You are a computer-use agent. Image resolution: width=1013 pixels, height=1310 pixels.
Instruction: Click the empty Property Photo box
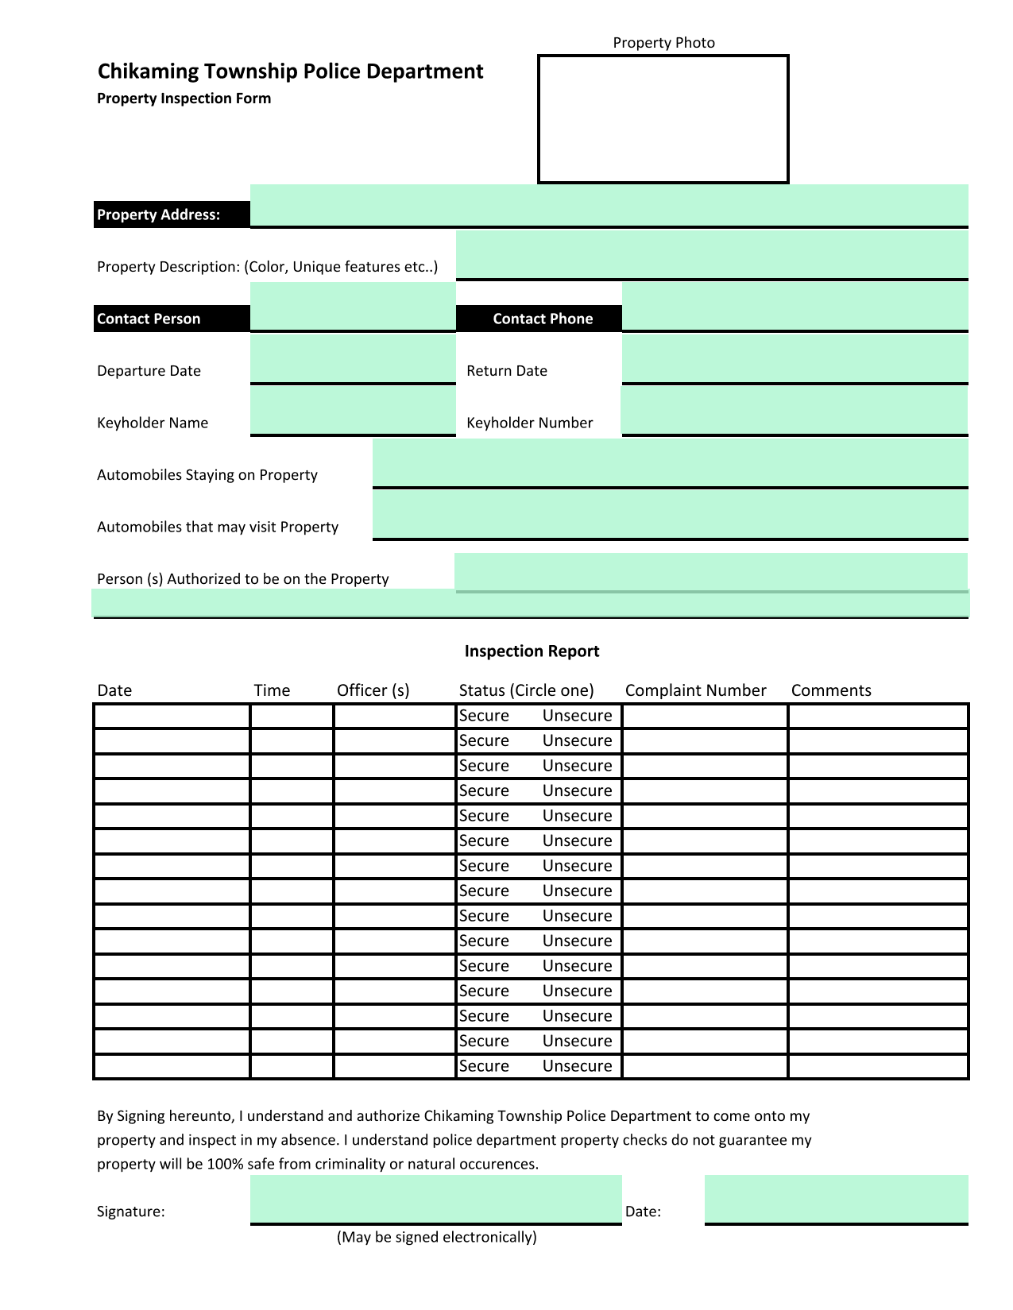coord(663,119)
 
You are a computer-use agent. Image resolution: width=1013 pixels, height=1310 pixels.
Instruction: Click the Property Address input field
coord(609,206)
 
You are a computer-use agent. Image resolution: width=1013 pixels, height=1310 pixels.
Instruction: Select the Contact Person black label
coord(172,319)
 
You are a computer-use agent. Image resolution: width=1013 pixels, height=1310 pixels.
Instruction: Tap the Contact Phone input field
coord(795,307)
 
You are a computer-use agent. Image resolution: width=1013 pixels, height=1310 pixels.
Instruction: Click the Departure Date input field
coord(353,359)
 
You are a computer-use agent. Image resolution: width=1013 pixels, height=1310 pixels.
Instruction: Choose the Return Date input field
coord(795,359)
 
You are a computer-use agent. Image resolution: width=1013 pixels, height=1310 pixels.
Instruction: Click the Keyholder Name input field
coord(353,411)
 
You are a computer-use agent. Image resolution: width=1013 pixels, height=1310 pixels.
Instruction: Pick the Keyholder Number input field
coord(795,411)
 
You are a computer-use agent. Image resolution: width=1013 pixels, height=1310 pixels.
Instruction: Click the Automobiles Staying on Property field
coord(670,463)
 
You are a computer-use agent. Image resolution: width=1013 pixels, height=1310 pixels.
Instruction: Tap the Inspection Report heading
coord(532,651)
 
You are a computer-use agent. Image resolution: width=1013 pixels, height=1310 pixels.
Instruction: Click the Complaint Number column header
coord(695,690)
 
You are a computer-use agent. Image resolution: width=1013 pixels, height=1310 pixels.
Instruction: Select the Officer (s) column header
coord(373,690)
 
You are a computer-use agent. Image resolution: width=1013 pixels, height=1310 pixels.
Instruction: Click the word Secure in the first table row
coord(484,716)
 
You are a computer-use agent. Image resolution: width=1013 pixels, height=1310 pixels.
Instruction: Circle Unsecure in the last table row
coord(577,1066)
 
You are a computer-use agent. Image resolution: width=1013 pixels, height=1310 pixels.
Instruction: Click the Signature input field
coord(435,1200)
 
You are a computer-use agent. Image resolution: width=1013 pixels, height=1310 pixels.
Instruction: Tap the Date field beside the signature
coord(836,1200)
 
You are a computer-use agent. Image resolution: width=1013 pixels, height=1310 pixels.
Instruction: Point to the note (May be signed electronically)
coord(436,1237)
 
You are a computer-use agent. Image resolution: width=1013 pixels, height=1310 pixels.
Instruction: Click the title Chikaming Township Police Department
coord(290,71)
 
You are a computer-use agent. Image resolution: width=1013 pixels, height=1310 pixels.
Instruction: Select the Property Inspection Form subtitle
coord(184,99)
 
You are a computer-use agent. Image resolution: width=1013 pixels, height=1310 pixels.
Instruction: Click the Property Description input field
coord(712,255)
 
